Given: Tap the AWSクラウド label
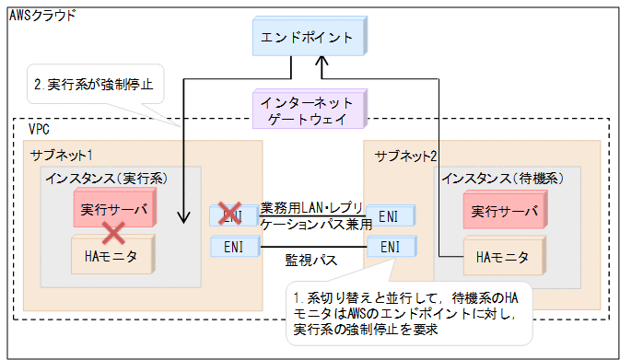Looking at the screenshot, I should [x=43, y=16].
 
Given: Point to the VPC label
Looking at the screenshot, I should [x=39, y=131].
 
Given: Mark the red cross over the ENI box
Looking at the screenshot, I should [x=228, y=215].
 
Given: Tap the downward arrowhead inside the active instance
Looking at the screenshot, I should [x=185, y=220].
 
